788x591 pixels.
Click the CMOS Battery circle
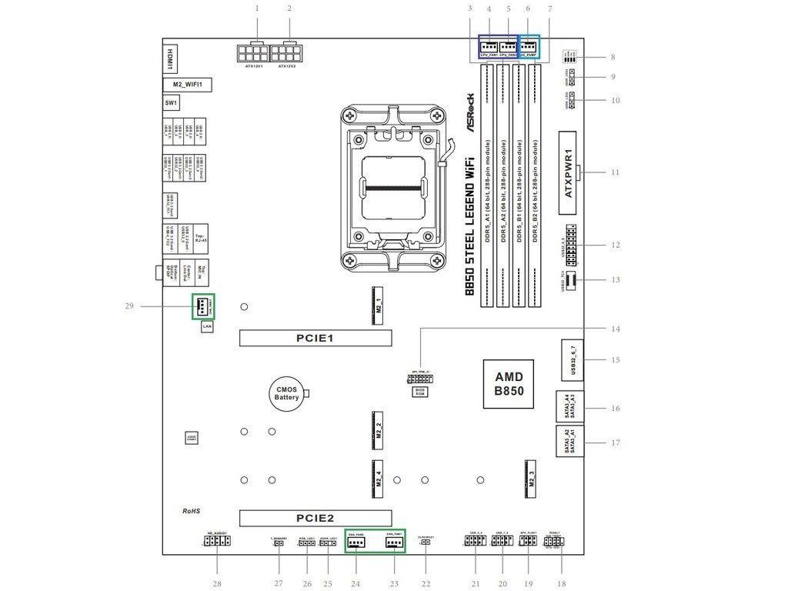click(x=286, y=393)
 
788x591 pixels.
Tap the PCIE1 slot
click(x=315, y=338)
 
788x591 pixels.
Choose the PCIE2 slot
click(x=315, y=518)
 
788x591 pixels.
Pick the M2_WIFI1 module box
click(x=187, y=84)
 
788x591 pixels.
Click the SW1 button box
click(x=171, y=102)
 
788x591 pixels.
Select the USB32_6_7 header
click(x=572, y=359)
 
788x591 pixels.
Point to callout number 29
click(x=129, y=306)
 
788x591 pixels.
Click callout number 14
click(x=615, y=329)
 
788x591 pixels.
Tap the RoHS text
click(x=191, y=511)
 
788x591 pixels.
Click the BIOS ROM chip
click(x=420, y=392)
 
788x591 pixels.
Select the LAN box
click(x=207, y=327)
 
